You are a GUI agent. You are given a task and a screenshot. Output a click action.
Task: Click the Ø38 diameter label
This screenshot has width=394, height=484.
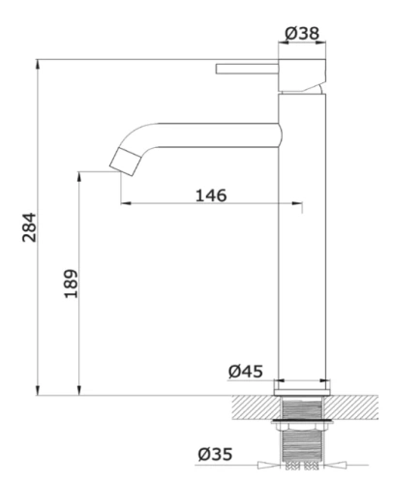[x=302, y=33]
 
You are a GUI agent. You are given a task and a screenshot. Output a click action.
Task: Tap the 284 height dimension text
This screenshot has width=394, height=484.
[x=29, y=227]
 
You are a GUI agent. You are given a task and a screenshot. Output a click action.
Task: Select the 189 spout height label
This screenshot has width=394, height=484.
[x=71, y=284]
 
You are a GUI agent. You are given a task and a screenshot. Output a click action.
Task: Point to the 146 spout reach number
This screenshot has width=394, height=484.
[x=211, y=196]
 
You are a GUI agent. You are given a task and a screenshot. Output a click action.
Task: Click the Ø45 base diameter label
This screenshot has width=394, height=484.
[x=246, y=371]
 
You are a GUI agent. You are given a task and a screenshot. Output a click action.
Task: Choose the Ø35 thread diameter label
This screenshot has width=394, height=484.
[x=215, y=454]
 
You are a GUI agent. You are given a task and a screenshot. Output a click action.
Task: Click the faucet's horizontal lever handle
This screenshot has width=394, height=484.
[x=247, y=69]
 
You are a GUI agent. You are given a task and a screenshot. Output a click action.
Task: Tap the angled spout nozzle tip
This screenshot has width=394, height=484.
[x=125, y=162]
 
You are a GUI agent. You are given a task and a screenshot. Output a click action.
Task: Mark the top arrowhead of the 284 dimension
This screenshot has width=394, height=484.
[x=38, y=64]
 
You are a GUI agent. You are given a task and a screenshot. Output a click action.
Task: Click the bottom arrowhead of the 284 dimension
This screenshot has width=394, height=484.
[x=38, y=391]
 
